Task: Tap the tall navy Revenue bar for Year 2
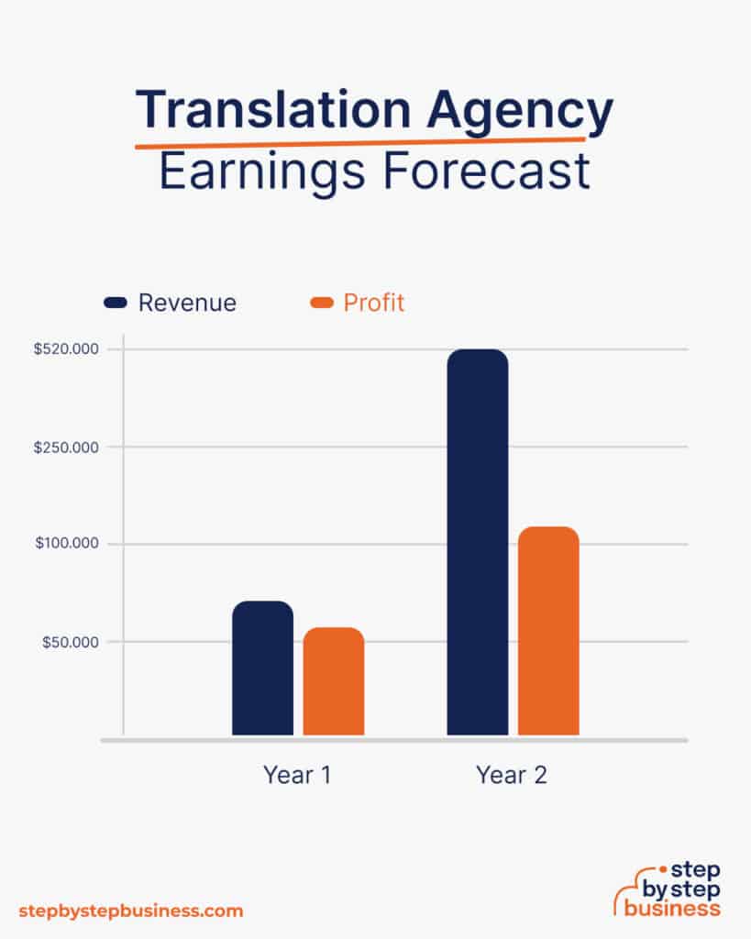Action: coord(477,541)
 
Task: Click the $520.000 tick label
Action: coord(66,349)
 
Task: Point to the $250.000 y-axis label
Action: coord(66,447)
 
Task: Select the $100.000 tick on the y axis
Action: coord(66,544)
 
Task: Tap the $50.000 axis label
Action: coord(70,642)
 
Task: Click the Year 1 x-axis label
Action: coord(297,775)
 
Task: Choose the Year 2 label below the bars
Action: coord(512,775)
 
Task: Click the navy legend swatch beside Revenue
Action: coord(116,303)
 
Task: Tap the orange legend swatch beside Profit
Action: coord(323,303)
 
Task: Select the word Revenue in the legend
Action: coord(187,303)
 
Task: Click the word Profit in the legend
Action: coord(374,303)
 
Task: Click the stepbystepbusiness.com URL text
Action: coord(131,911)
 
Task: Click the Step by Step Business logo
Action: coord(667,889)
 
